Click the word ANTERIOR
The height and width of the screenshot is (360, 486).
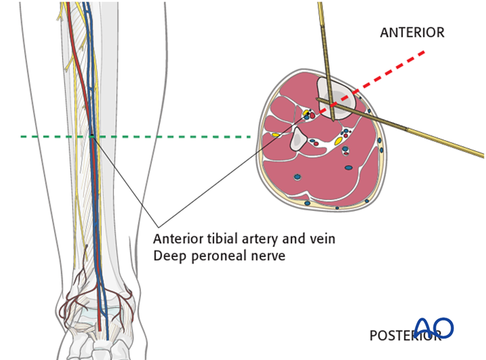point(412,33)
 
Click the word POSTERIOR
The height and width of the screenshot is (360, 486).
point(403,336)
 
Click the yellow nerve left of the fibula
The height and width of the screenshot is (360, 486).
point(276,135)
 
